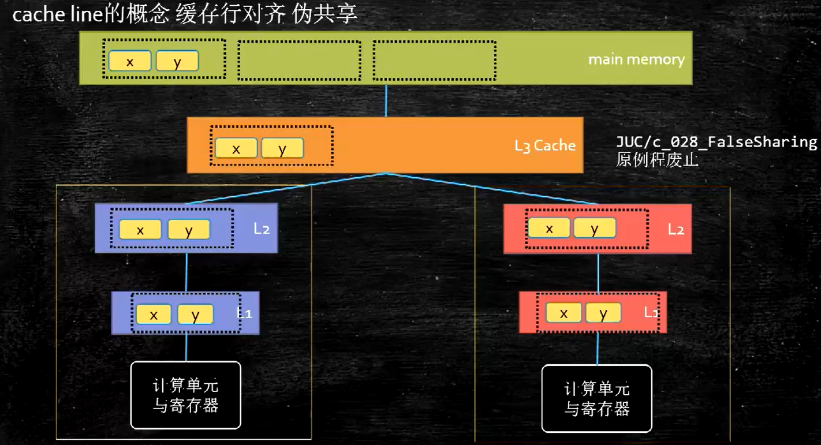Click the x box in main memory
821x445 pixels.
(x=130, y=61)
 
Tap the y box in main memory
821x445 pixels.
(x=177, y=61)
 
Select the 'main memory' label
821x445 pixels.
(x=636, y=59)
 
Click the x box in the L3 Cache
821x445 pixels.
(x=236, y=148)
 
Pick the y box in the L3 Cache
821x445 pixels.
(x=282, y=148)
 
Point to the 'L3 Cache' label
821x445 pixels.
(x=544, y=145)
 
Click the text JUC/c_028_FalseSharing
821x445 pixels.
(x=716, y=142)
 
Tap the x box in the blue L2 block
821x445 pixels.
(x=140, y=230)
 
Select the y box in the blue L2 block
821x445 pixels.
(x=189, y=230)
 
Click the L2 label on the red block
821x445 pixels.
(x=676, y=229)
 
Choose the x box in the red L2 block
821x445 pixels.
(x=549, y=229)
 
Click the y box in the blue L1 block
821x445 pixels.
(x=195, y=315)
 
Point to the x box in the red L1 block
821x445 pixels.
(x=563, y=313)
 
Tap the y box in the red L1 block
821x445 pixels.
(x=603, y=313)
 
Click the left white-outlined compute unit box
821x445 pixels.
(x=185, y=395)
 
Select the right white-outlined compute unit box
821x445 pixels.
(x=596, y=399)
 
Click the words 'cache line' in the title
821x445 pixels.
(x=58, y=14)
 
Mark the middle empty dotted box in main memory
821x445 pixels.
(x=299, y=60)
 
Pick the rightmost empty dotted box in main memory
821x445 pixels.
(x=434, y=60)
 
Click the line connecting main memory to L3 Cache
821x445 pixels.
(x=386, y=101)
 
